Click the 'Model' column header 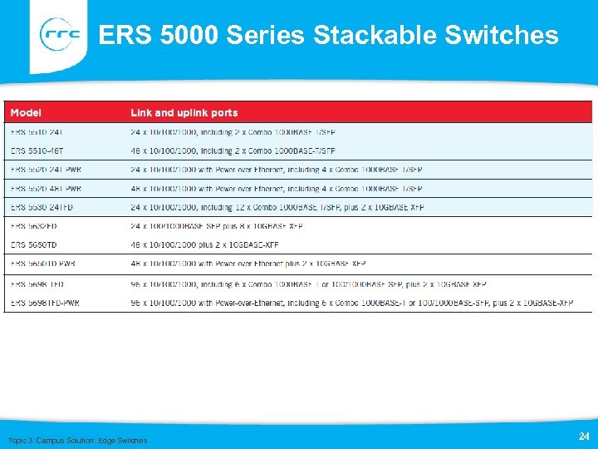(26, 113)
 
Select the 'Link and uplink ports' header (184, 113)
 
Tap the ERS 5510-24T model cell (37, 132)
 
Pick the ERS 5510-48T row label (37, 150)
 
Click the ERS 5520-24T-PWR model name (46, 170)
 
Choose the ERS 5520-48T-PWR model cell (46, 189)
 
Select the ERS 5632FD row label (33, 225)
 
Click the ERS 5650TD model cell (34, 244)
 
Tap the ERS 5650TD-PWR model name (43, 264)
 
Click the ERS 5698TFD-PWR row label (45, 303)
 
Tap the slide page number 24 (583, 436)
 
